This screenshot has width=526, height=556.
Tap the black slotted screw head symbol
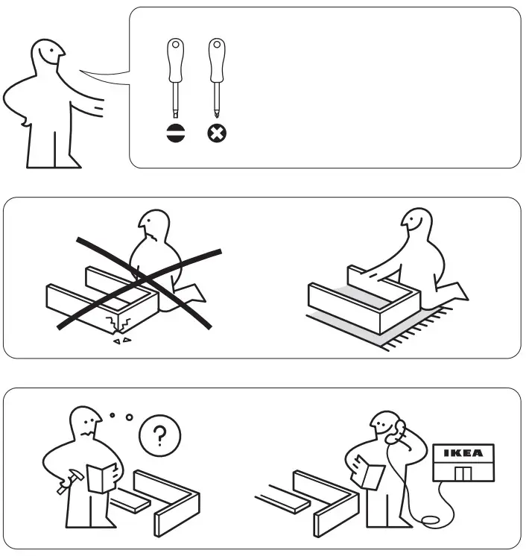pyautogui.click(x=175, y=134)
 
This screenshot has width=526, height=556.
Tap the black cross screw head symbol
pyautogui.click(x=217, y=134)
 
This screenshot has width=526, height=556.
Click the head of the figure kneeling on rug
pyautogui.click(x=415, y=221)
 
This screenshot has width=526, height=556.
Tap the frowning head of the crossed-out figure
pyautogui.click(x=153, y=227)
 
